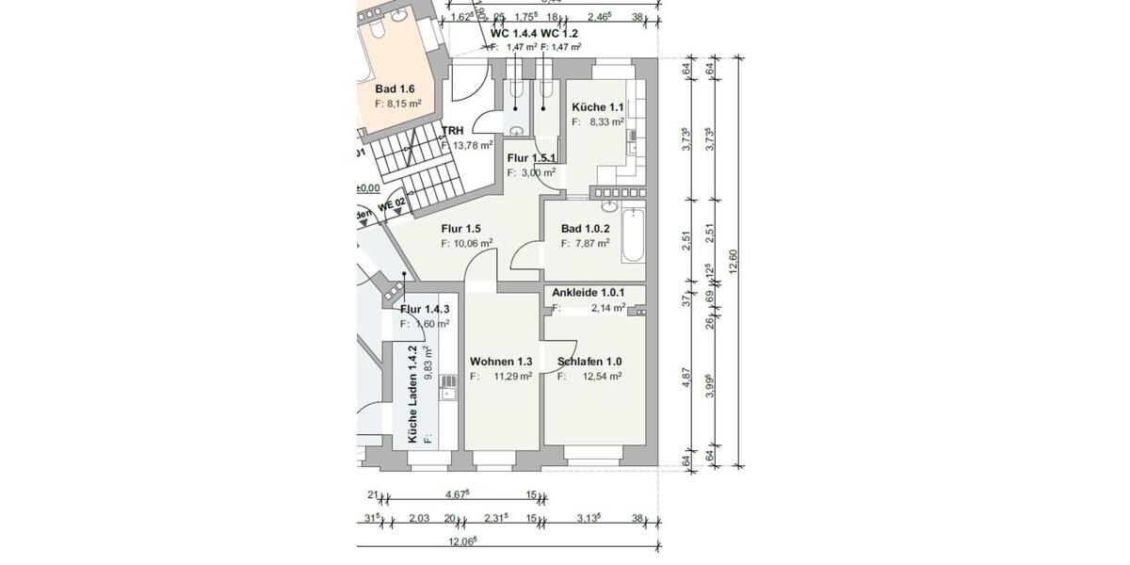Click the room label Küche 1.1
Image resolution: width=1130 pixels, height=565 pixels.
tap(597, 106)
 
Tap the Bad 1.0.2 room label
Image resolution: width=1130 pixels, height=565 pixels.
tap(586, 229)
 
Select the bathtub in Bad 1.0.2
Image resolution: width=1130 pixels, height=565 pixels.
tap(632, 236)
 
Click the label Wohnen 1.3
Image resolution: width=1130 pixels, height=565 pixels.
tap(501, 362)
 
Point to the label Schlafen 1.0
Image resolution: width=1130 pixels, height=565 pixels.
tap(589, 362)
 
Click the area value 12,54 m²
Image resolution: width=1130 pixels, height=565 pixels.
tap(602, 377)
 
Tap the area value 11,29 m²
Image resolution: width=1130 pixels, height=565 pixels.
tap(512, 377)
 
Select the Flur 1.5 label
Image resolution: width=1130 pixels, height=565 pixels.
tap(461, 228)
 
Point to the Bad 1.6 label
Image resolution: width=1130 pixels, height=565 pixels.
tap(395, 89)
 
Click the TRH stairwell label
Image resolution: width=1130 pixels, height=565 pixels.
tap(454, 132)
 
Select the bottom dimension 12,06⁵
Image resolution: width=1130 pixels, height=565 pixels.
tap(461, 541)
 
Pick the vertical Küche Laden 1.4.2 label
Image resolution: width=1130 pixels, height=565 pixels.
tap(412, 394)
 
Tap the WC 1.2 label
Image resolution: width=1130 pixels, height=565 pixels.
tap(559, 33)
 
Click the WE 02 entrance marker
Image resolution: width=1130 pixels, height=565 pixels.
tap(391, 202)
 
